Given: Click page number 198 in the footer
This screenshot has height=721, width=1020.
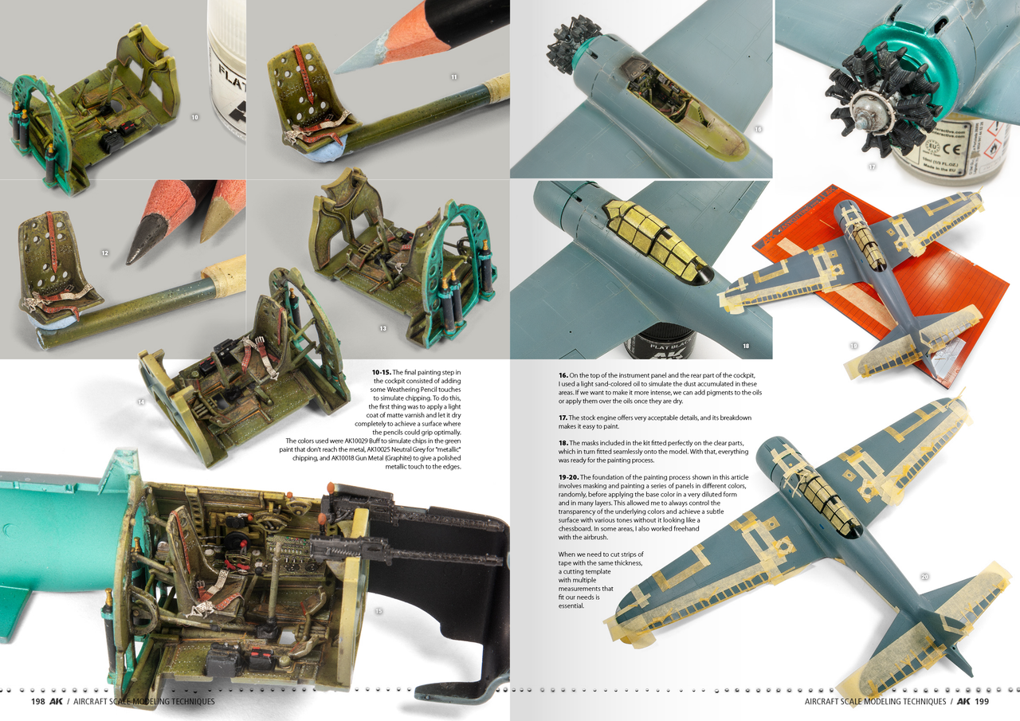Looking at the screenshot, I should point(37,701).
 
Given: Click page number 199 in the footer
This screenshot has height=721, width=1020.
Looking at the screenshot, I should point(982,701).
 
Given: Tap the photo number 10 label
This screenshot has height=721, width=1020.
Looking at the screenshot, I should point(195,117).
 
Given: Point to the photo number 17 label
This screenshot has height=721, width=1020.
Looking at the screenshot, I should point(873,167).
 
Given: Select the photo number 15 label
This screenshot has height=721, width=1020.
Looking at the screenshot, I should point(379,612).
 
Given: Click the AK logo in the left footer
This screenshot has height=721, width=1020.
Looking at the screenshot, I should point(56,701).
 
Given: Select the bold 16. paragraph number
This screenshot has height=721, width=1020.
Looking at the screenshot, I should point(563,375).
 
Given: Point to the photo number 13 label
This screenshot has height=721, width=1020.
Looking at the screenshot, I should point(383,327).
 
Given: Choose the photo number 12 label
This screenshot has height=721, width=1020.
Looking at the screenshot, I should point(104,253).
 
